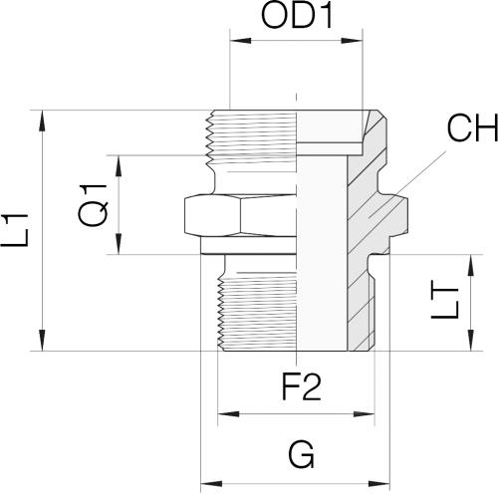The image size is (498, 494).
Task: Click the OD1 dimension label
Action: pyautogui.click(x=297, y=16)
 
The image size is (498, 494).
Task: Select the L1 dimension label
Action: pyautogui.click(x=15, y=230)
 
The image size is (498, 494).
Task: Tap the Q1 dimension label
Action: pyautogui.click(x=93, y=205)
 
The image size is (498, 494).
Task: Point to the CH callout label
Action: pyautogui.click(x=472, y=127)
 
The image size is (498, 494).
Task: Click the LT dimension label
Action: pyautogui.click(x=445, y=303)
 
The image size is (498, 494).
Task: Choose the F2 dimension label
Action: pyautogui.click(x=302, y=387)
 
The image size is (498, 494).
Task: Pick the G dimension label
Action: pyautogui.click(x=301, y=454)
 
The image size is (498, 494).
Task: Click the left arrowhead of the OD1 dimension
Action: pyautogui.click(x=240, y=41)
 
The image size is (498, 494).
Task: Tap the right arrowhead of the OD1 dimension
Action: pyautogui.click(x=352, y=41)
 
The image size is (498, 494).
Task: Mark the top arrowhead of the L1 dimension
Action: pyautogui.click(x=42, y=121)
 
